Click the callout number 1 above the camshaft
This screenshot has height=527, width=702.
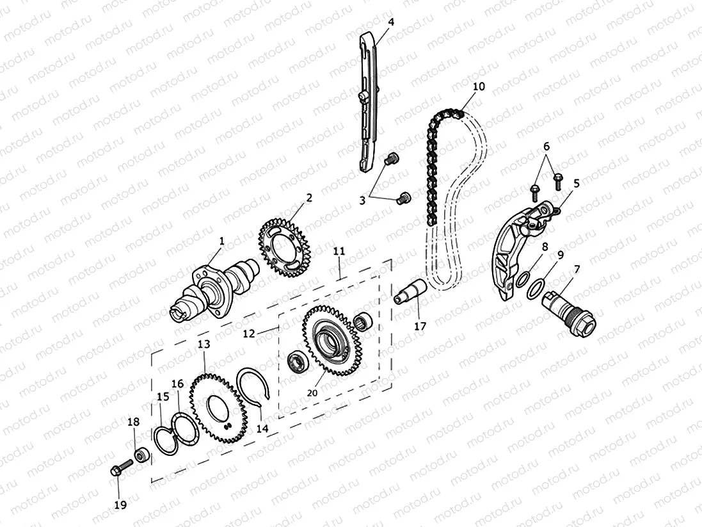221,241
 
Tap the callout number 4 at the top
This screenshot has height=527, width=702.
390,22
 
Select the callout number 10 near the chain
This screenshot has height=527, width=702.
479,86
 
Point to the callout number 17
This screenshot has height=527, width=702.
420,325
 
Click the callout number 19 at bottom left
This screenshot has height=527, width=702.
120,505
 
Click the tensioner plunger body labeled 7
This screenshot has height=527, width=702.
569,309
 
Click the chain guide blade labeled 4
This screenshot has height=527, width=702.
367,102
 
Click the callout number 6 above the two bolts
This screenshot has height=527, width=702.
546,147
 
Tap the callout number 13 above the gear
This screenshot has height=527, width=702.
203,345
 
